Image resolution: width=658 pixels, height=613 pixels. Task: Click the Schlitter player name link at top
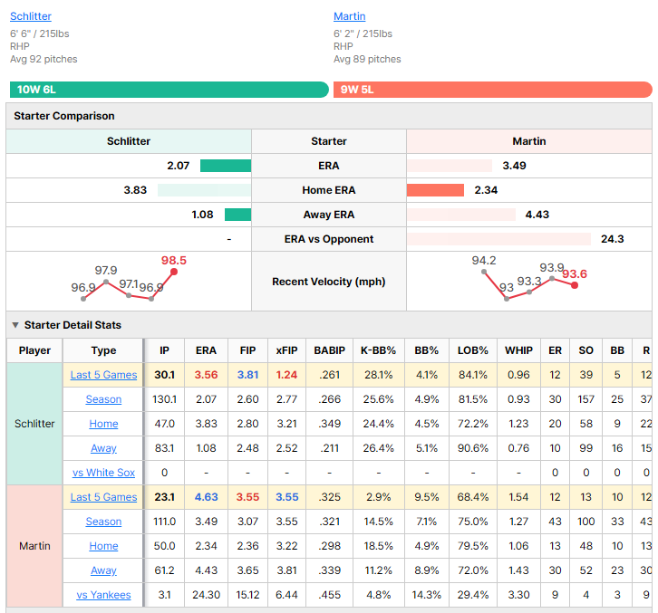point(31,16)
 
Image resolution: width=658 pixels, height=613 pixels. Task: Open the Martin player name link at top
point(350,16)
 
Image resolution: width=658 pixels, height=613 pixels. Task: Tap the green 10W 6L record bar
point(169,90)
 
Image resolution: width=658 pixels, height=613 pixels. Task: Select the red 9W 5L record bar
point(493,90)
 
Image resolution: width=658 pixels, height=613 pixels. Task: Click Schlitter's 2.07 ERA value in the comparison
point(179,166)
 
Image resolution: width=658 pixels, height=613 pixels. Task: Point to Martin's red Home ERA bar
point(435,190)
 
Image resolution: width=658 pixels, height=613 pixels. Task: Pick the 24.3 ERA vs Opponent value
point(613,239)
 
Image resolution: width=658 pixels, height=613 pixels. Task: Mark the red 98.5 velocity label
point(174,261)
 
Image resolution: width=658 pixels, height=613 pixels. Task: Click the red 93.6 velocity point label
point(575,274)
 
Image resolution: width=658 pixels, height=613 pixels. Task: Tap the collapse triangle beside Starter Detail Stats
point(15,325)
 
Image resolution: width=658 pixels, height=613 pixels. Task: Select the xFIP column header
point(287,350)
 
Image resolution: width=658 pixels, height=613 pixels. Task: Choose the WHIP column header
point(518,350)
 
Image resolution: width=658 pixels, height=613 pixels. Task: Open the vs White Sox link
point(103,473)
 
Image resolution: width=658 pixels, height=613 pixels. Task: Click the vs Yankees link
point(103,595)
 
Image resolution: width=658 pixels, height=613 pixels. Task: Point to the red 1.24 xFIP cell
point(287,375)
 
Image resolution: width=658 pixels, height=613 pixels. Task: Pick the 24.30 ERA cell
point(206,595)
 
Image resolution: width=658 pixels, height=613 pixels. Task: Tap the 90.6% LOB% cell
point(473,448)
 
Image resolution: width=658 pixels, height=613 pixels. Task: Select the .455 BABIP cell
point(329,595)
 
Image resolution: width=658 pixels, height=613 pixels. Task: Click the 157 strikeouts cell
point(585,399)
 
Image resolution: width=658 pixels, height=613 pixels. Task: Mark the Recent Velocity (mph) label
point(329,282)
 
